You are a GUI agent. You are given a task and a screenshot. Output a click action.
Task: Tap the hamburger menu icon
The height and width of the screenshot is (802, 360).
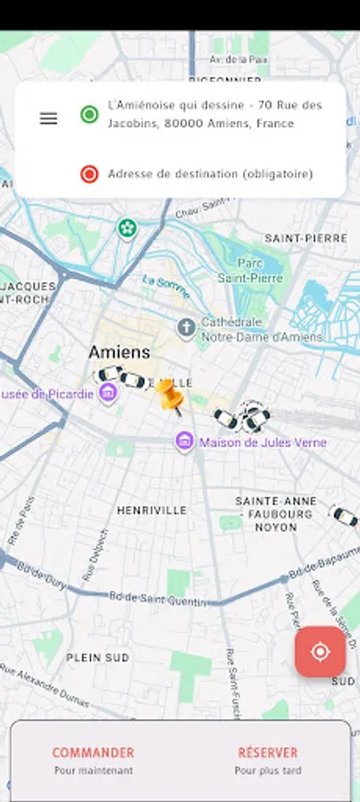pyautogui.click(x=48, y=118)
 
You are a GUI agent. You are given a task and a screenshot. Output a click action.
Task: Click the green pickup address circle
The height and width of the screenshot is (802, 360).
pyautogui.click(x=89, y=114)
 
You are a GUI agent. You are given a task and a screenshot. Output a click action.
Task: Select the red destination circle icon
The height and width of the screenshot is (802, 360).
pyautogui.click(x=89, y=174)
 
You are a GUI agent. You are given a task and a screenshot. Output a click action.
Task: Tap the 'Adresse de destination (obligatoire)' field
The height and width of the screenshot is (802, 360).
pyautogui.click(x=210, y=174)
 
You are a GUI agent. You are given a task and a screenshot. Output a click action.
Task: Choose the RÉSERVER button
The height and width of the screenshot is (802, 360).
pyautogui.click(x=267, y=759)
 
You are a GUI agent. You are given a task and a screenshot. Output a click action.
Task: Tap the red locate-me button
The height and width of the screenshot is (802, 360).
pyautogui.click(x=320, y=651)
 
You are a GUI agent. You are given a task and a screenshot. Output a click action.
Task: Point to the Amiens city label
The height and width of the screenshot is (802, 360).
pyautogui.click(x=119, y=351)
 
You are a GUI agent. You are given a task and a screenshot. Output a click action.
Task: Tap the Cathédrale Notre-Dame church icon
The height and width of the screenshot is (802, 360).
pyautogui.click(x=185, y=327)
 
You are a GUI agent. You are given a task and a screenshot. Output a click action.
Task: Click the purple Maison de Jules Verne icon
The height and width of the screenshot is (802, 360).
pyautogui.click(x=184, y=441)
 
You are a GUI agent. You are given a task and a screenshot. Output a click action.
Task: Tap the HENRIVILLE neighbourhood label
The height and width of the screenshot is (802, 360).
pyautogui.click(x=151, y=510)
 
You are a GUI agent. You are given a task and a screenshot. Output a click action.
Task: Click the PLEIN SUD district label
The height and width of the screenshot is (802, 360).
pyautogui.click(x=99, y=658)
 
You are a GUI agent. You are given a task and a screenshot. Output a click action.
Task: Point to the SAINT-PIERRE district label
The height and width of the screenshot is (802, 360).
pyautogui.click(x=306, y=238)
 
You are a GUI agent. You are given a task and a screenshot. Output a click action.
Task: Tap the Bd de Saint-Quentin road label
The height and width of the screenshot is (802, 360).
pyautogui.click(x=158, y=598)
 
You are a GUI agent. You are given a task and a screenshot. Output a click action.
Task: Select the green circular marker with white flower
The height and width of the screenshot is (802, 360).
pyautogui.click(x=128, y=228)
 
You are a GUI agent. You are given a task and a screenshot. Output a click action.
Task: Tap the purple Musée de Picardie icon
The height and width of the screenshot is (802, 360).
pyautogui.click(x=108, y=393)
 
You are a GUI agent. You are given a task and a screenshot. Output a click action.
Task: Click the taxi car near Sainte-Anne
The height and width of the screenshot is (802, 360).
pyautogui.click(x=344, y=515)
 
